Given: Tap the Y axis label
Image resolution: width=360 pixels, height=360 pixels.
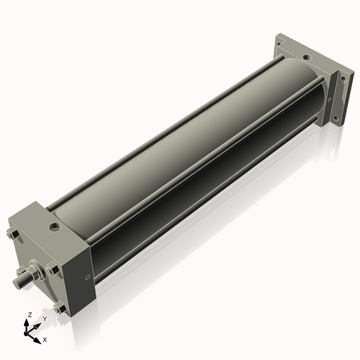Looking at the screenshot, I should pos(44,318).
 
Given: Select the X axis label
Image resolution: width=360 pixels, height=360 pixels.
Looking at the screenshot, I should pos(45,338).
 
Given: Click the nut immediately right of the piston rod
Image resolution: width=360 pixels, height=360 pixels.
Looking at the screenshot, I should pos(52,270).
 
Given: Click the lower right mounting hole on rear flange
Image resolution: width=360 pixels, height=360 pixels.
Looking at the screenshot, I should pos(333,117).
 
